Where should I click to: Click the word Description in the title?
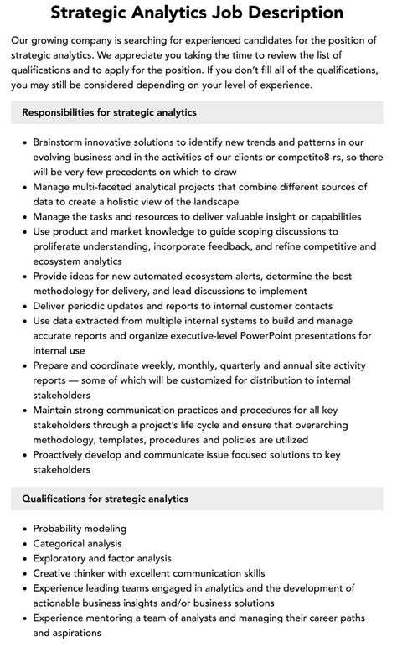point(281,13)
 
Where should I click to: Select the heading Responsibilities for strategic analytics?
point(110,111)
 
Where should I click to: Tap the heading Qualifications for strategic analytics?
point(105,499)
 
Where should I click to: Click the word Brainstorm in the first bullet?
point(64,143)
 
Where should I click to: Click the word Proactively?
point(66,455)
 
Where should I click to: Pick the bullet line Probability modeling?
point(80,529)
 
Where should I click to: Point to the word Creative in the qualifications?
point(55,573)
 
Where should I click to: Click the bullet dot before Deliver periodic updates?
point(22,306)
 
